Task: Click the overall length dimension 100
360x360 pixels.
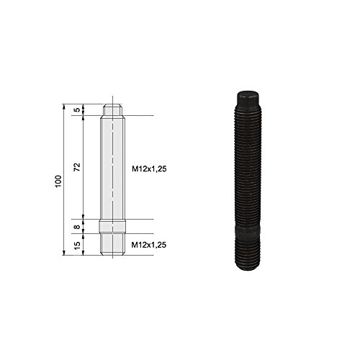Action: pos(58,181)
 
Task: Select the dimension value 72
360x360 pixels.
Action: pos(77,167)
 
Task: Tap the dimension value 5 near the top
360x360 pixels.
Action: pos(77,110)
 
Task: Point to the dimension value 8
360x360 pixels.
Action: pos(77,227)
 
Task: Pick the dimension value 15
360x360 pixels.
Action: pos(77,245)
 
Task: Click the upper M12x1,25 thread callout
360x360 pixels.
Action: pos(149,169)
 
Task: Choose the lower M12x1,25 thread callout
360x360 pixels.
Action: pos(149,245)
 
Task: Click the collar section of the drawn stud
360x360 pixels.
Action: pos(112,226)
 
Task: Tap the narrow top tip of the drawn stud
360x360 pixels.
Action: pos(112,109)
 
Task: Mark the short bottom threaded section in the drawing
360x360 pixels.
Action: pos(112,244)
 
